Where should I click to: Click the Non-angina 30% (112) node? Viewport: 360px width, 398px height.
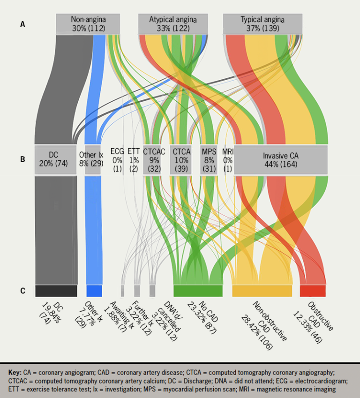point(88,23)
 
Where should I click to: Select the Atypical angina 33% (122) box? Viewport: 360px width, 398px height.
point(172,23)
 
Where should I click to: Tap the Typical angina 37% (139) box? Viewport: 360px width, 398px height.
point(262,23)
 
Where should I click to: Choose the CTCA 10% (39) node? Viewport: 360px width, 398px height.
point(181,159)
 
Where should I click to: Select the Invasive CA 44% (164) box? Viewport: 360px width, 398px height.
point(280,159)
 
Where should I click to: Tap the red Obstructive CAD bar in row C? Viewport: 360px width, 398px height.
point(313,291)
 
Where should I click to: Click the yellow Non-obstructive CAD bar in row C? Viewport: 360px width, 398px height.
point(262,291)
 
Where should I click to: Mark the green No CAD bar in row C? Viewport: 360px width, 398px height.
point(198,291)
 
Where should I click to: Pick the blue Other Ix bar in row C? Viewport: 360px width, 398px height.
point(94,291)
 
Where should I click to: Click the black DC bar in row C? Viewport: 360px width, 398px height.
point(56,291)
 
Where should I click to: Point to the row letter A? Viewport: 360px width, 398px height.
point(22,23)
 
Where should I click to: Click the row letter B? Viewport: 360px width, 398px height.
point(22,159)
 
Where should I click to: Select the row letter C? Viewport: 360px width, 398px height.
point(22,291)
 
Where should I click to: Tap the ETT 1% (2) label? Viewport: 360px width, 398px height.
point(134,159)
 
